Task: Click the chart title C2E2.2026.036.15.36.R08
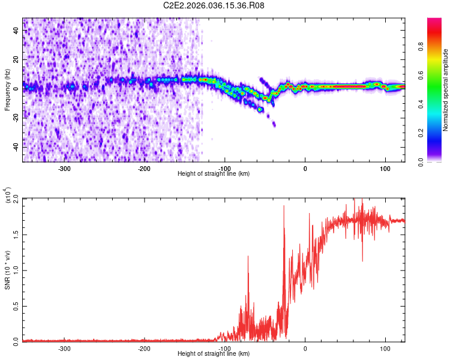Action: coord(214,5)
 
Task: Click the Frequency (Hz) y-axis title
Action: coord(7,90)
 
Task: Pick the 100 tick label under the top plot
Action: coord(385,168)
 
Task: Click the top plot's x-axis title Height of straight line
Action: coord(214,173)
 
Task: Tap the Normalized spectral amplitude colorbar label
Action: coord(446,90)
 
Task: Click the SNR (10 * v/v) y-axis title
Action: coord(7,270)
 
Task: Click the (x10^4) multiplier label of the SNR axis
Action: coord(7,196)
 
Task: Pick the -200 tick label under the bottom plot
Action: coord(144,348)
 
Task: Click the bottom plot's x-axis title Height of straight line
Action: coord(214,353)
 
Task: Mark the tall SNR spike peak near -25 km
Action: coord(284,206)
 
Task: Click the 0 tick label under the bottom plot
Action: coord(305,348)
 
